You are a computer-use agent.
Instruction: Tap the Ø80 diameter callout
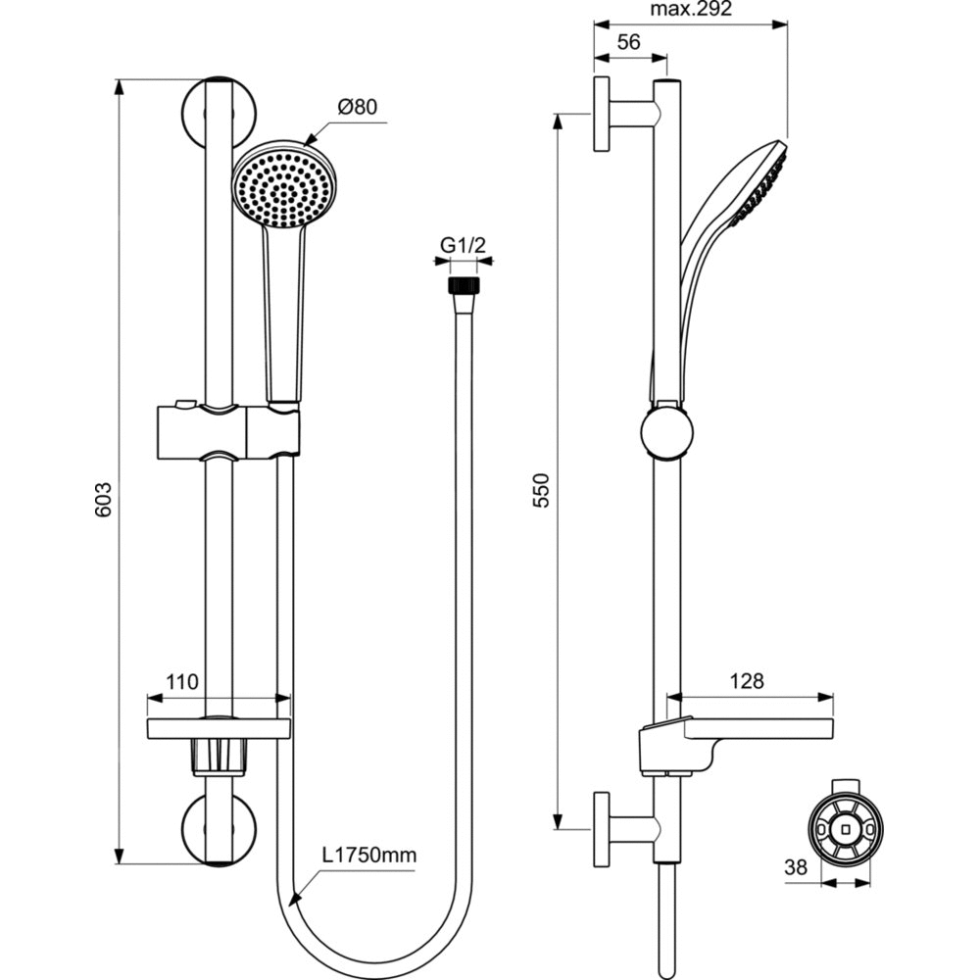[x=358, y=109]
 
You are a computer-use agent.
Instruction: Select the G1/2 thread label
[x=463, y=245]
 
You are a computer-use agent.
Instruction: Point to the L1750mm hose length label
[x=369, y=856]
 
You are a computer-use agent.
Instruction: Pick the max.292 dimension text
[x=691, y=11]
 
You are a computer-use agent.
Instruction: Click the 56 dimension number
[x=629, y=42]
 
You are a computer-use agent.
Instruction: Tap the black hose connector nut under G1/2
[x=463, y=285]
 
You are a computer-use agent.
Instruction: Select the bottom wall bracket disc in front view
[x=220, y=829]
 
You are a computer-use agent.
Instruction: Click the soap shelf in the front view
[x=219, y=728]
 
